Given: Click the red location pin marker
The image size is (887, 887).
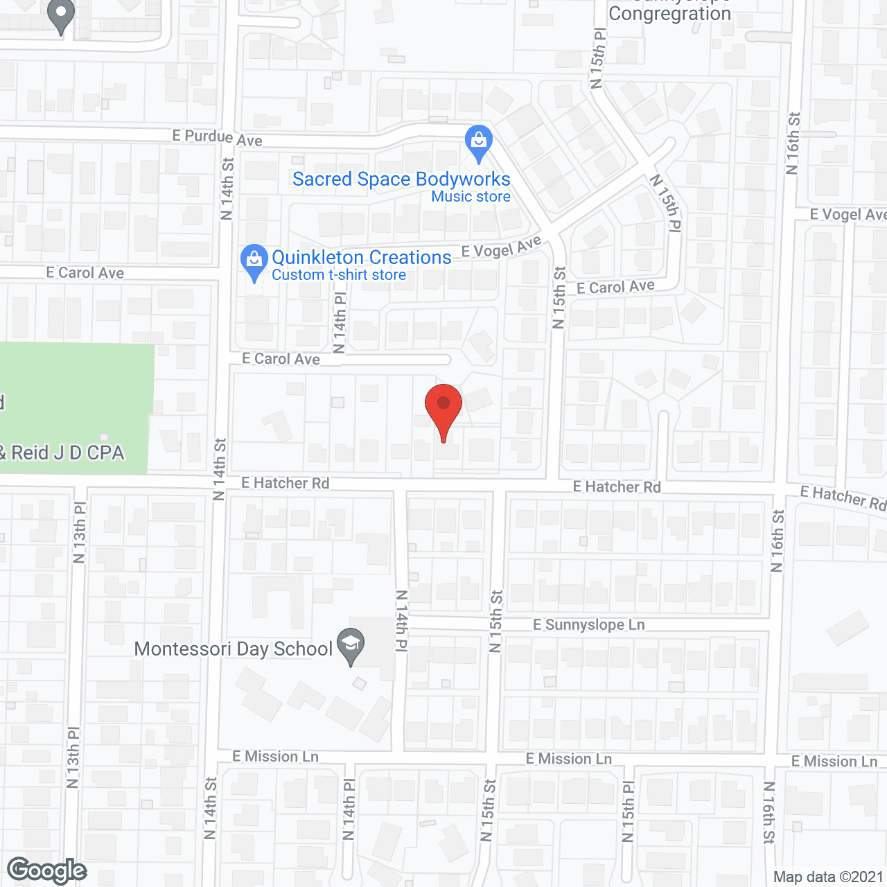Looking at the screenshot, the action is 443,406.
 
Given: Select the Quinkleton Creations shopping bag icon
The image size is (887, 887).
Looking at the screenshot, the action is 254,261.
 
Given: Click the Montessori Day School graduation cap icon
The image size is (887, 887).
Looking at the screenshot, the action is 351,644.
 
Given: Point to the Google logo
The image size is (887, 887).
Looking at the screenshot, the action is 47,870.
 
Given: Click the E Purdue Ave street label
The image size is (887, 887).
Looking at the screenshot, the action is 218,137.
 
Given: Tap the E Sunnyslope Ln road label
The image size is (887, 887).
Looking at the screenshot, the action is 589,624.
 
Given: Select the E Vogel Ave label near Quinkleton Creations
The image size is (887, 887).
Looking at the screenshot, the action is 501,247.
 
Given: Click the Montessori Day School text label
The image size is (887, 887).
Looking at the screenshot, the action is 234,649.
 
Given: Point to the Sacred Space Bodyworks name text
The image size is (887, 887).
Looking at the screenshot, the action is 401,179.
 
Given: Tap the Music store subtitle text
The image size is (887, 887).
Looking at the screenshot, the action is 471,197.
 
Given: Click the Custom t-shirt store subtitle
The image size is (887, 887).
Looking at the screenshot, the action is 339,275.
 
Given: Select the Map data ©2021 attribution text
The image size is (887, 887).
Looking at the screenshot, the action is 828,877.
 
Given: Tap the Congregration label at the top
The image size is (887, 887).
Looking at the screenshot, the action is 669,13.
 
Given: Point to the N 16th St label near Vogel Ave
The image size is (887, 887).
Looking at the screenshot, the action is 793,143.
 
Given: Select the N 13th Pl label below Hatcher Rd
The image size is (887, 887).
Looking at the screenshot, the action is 80,532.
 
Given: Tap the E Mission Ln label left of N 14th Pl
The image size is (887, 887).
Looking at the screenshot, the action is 276,756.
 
